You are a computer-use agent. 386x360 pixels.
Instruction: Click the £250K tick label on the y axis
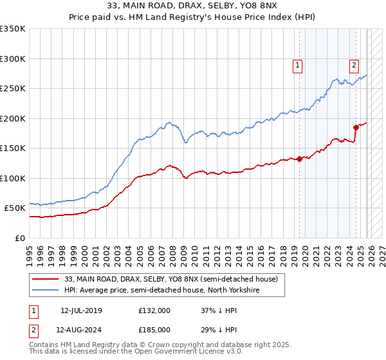coord(13,88)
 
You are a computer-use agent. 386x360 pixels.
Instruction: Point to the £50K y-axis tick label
coord(15,208)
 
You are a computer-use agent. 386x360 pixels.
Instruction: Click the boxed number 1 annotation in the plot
coord(299,64)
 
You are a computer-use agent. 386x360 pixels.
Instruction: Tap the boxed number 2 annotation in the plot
coord(354,64)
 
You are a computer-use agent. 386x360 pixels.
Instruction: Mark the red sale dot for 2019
coord(299,159)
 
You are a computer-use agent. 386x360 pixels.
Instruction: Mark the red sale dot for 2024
coord(356,127)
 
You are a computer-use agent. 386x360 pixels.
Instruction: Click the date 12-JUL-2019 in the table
coord(81,310)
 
